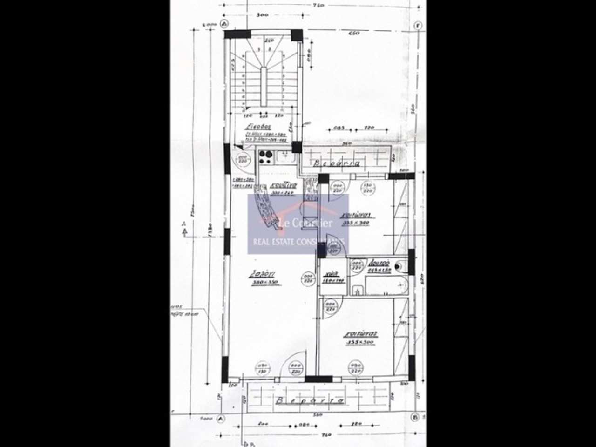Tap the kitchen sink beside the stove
pyautogui.click(x=284, y=157)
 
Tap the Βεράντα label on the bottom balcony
pyautogui.click(x=309, y=400)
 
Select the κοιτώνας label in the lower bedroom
pyautogui.click(x=361, y=334)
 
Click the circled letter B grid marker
pyautogui.click(x=415, y=417)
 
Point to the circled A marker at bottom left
pyautogui.click(x=220, y=419)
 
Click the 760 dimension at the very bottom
pyautogui.click(x=325, y=435)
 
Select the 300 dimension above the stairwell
pyautogui.click(x=262, y=15)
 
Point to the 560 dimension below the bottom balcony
pyautogui.click(x=318, y=414)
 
